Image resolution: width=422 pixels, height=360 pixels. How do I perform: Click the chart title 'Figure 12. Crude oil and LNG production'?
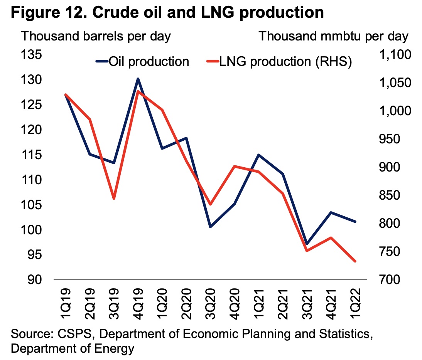167,13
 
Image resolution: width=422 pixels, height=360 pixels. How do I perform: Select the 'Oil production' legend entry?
142,61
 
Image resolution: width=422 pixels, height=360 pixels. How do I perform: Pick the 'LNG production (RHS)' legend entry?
279,61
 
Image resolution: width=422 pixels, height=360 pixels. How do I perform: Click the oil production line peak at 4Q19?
138,79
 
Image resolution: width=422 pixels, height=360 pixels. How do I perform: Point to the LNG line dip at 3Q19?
114,199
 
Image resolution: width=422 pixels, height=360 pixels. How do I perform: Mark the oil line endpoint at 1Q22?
355,222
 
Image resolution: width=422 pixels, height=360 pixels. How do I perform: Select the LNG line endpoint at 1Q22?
355,261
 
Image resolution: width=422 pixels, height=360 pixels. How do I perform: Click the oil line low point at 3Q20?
210,227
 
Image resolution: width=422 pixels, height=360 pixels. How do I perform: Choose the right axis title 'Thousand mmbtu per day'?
333,36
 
